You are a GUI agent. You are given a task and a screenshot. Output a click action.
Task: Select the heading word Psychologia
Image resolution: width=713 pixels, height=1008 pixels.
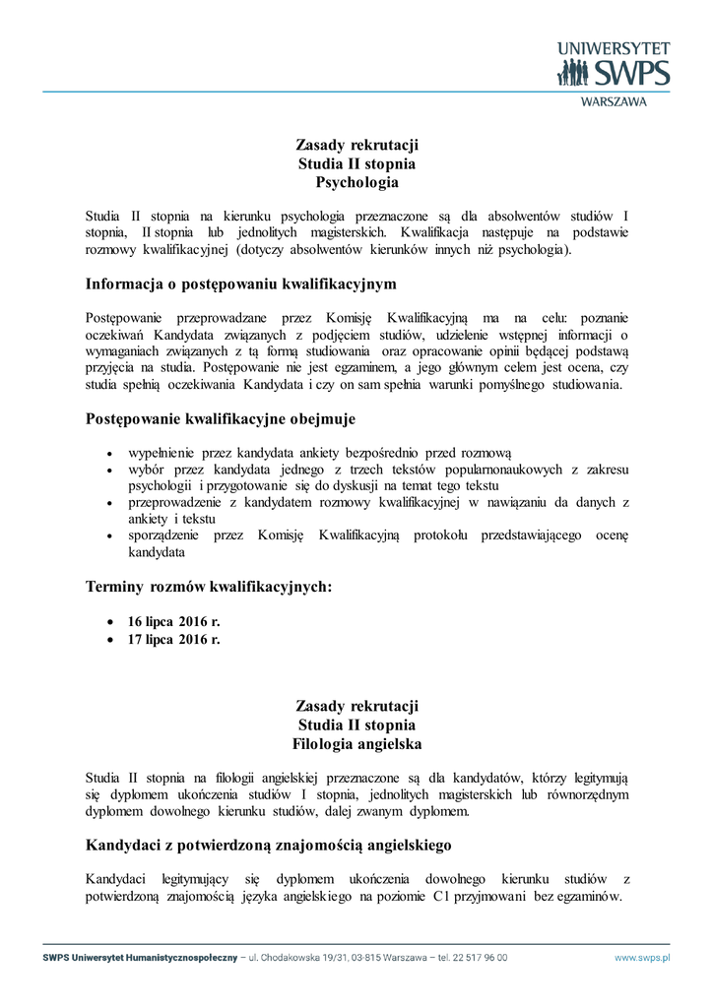356,182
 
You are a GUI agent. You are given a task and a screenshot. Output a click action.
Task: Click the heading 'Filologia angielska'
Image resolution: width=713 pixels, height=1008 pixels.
356,743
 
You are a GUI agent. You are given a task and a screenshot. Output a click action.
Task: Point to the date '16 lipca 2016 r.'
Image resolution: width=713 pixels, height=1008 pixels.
174,622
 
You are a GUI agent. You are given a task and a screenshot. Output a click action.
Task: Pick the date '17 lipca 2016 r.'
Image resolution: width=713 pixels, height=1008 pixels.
174,640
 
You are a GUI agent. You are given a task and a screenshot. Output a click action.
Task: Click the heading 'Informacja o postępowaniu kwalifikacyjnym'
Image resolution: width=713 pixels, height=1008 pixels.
241,284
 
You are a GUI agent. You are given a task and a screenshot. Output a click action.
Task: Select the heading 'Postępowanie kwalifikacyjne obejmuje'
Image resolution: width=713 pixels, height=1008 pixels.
221,419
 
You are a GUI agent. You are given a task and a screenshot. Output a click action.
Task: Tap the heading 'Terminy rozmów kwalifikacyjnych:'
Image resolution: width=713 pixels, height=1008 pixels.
209,588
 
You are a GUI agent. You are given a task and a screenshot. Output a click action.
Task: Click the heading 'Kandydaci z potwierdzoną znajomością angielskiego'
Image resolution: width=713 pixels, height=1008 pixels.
269,844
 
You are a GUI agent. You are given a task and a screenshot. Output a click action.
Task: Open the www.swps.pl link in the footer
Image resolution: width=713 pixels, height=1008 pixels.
642,957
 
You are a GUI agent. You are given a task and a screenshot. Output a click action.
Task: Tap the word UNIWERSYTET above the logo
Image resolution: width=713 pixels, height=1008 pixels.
614,47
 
